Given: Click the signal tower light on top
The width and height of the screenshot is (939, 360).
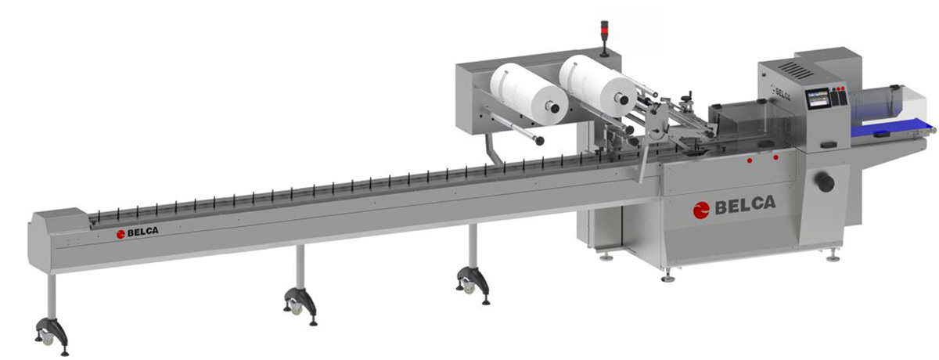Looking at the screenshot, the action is coord(604,38).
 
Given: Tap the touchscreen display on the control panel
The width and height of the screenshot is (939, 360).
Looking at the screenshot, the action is coord(817,101).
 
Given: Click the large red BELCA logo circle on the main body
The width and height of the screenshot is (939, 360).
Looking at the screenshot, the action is coord(701,210).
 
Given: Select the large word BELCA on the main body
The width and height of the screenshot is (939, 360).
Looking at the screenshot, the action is coord(745,204).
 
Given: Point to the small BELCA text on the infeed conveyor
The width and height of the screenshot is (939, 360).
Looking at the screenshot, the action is coord(142,232).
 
